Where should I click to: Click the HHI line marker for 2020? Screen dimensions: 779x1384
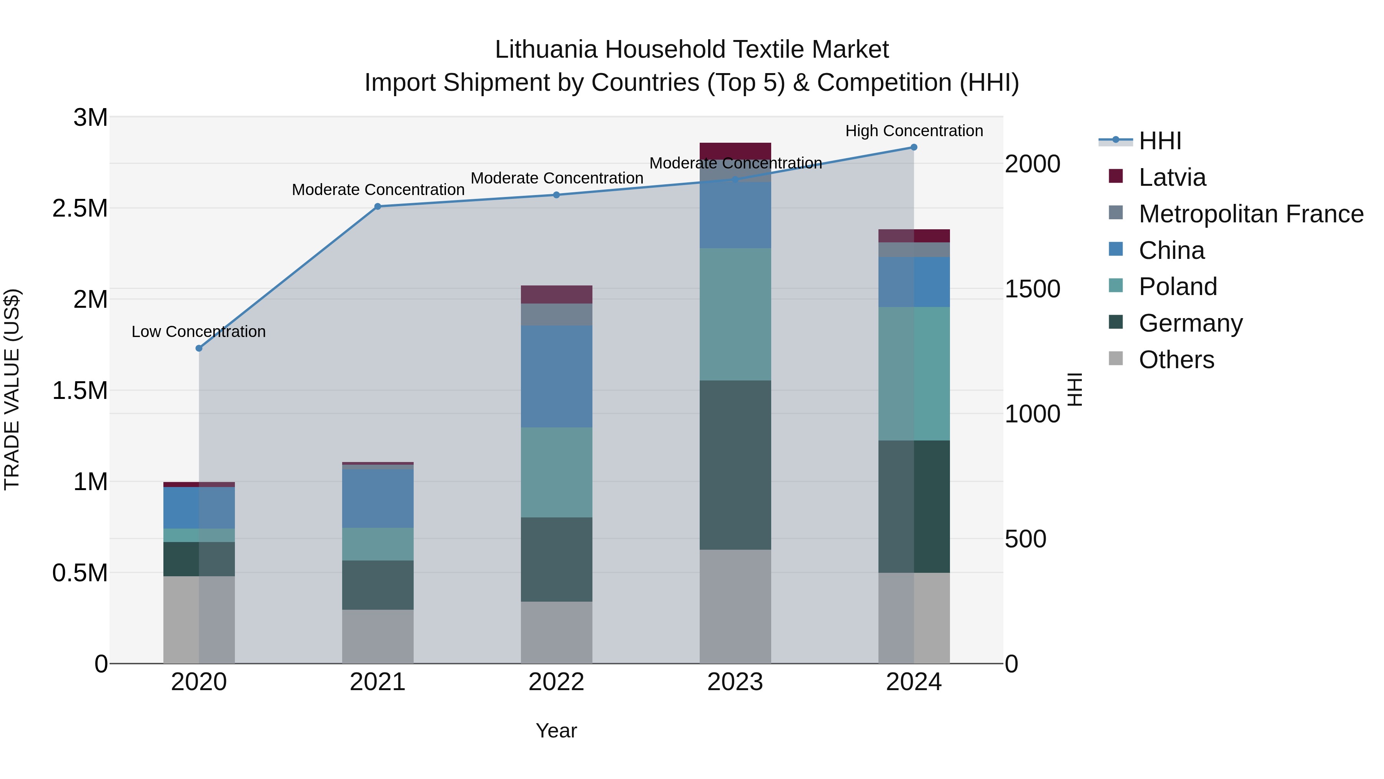click(x=199, y=349)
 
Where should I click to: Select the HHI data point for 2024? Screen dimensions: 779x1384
click(x=914, y=147)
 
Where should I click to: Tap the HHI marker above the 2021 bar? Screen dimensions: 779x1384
click(x=378, y=207)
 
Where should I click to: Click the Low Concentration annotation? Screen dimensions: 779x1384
click(x=198, y=332)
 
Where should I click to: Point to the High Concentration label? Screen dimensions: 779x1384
click(x=914, y=131)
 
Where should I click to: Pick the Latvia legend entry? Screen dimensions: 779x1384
click(x=1172, y=177)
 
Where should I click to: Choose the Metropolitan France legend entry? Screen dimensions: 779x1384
click(x=1251, y=214)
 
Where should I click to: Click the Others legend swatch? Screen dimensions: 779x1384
click(x=1116, y=359)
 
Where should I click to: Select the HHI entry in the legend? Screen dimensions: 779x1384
click(x=1159, y=141)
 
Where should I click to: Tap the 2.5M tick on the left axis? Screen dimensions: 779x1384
click(x=80, y=209)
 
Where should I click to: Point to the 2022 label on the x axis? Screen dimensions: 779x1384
click(x=556, y=682)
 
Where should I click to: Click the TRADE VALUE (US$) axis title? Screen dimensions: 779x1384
click(x=12, y=389)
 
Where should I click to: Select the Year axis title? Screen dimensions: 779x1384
click(x=556, y=731)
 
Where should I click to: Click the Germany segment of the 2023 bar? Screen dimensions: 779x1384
click(x=735, y=465)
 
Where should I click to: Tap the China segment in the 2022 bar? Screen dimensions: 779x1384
click(x=556, y=376)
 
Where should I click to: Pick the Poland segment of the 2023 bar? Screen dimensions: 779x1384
click(x=735, y=315)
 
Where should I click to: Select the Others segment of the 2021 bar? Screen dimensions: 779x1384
click(x=378, y=637)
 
